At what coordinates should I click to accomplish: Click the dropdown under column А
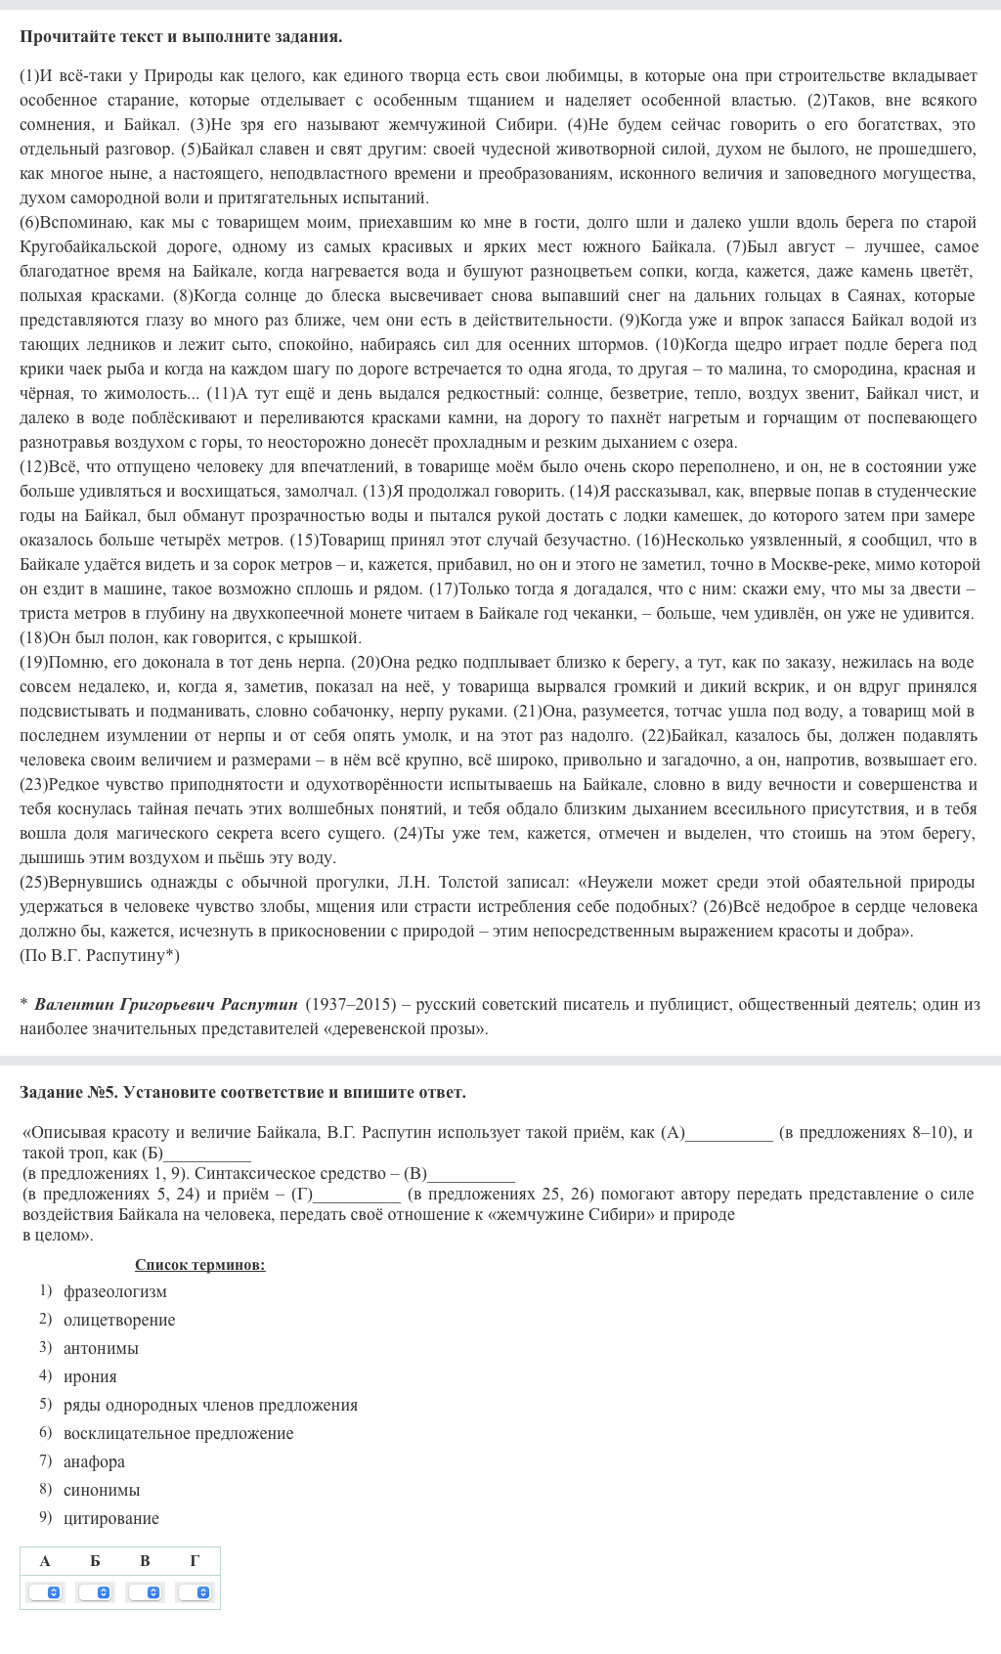point(45,1592)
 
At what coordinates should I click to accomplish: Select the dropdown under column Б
point(95,1592)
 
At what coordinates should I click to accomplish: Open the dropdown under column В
point(145,1592)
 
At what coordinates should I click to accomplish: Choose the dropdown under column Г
point(195,1592)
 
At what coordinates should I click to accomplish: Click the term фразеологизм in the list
point(114,1291)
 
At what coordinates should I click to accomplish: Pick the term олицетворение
point(119,1320)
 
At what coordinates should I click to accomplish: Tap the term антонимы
point(101,1348)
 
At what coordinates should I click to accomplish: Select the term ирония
point(90,1376)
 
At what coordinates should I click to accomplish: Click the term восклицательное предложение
point(178,1433)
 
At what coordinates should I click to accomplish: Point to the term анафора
point(94,1461)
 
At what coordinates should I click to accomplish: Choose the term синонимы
point(102,1490)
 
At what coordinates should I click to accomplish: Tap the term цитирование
point(111,1518)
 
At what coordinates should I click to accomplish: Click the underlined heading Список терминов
point(199,1265)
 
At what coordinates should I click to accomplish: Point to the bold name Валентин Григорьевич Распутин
point(165,1004)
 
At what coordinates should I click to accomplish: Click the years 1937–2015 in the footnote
point(351,1004)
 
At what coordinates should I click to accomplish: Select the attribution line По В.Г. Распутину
point(100,955)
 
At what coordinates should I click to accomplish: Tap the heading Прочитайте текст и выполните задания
point(181,37)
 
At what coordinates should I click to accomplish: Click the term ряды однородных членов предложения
point(210,1405)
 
